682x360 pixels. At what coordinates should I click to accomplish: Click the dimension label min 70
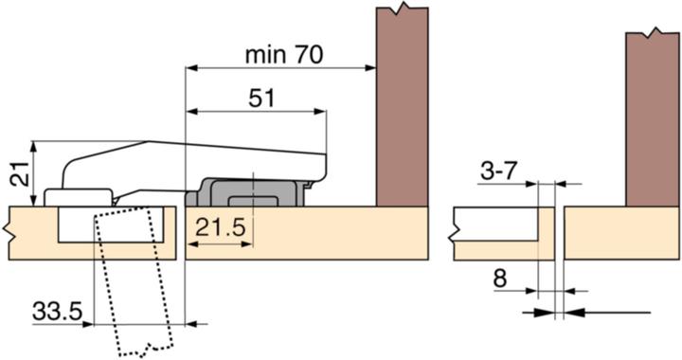[284, 55]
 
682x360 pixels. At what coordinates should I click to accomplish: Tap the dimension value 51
[261, 99]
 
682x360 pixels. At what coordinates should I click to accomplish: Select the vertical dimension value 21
[20, 173]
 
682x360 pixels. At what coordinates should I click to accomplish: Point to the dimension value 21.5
[221, 227]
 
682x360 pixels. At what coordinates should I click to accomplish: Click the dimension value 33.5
[57, 312]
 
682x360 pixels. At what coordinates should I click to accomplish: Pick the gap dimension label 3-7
[498, 172]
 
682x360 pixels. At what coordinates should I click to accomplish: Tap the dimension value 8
[500, 279]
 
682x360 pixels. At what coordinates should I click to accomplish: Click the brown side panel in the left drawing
[402, 106]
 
